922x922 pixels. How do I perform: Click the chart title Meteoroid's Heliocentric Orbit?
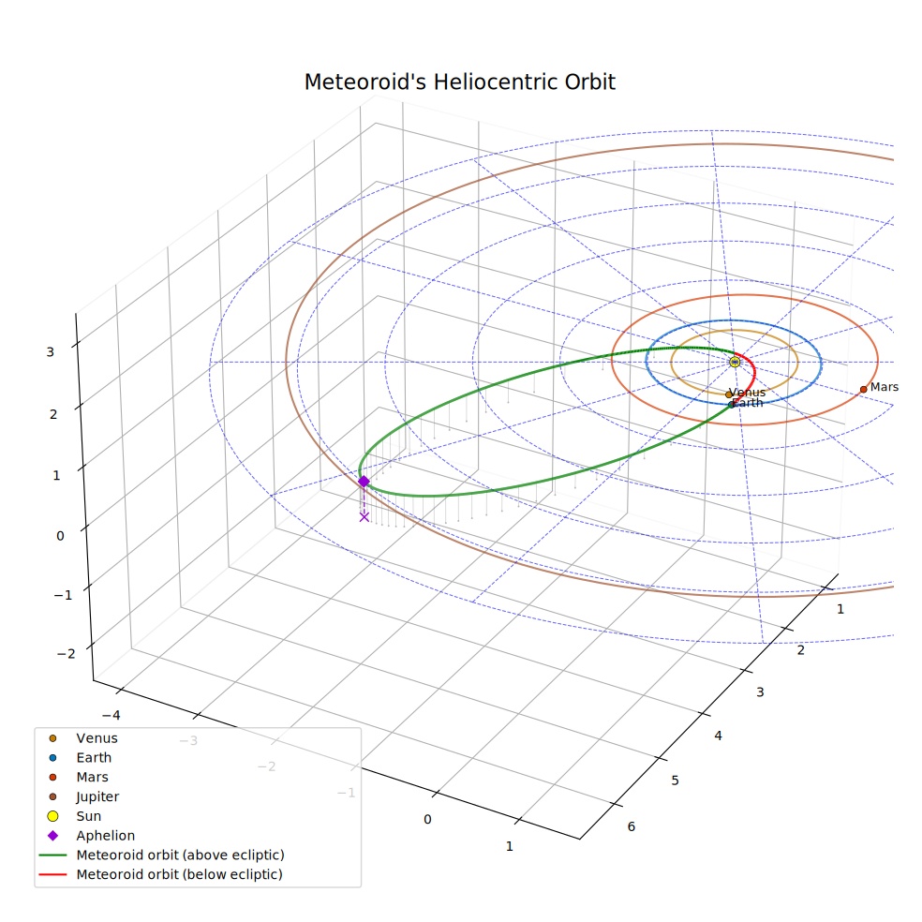coord(459,82)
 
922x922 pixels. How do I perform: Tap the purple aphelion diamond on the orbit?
coord(364,482)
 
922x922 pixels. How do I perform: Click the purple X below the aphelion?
coord(364,517)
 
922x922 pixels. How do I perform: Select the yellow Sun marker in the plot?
coord(735,362)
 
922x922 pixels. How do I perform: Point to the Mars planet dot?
coord(863,389)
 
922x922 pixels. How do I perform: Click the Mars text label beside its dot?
coord(885,387)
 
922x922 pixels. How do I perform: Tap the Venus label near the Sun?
coord(748,393)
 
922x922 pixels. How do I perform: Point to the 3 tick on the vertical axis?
coord(50,352)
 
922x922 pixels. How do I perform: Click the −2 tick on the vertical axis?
coord(67,654)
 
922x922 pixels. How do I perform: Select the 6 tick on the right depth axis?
coord(631,826)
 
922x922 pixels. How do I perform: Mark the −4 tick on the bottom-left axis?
coord(112,715)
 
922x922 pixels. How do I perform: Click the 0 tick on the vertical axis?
coord(60,536)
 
